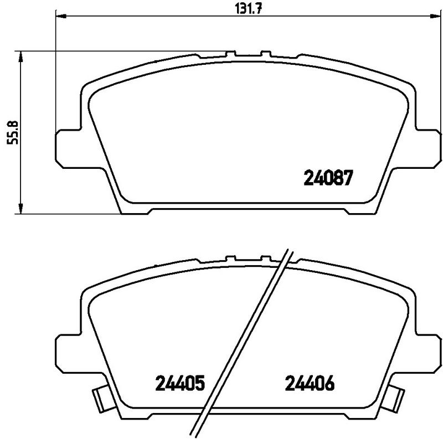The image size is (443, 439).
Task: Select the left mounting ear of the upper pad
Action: tap(69, 146)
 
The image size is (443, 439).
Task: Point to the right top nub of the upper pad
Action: tap(265, 54)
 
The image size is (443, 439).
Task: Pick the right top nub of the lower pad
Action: tap(265, 258)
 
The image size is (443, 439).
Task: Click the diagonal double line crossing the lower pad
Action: tap(244, 343)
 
